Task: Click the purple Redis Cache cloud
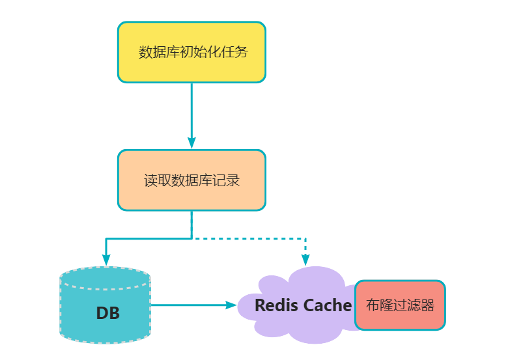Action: click(x=287, y=286)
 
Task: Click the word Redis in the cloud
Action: click(x=276, y=305)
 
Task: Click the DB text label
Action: click(x=107, y=313)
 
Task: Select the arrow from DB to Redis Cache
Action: click(x=189, y=305)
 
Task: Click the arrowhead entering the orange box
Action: click(x=191, y=143)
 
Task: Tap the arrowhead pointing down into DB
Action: click(x=106, y=259)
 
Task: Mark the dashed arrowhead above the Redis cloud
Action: click(x=305, y=259)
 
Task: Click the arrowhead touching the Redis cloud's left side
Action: click(x=230, y=305)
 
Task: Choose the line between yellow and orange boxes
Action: click(x=191, y=111)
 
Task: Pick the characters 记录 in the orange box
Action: click(x=227, y=180)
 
